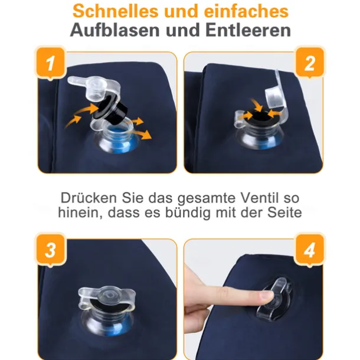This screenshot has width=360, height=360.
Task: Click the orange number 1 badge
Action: [51, 63]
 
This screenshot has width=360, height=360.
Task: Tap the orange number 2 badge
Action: [309, 63]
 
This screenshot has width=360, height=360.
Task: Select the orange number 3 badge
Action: [51, 250]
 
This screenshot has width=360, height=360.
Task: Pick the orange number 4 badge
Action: [309, 250]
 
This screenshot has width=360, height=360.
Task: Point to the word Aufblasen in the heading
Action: [115, 30]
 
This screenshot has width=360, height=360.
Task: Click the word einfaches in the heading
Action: [246, 11]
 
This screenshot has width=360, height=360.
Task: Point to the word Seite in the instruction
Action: [284, 212]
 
